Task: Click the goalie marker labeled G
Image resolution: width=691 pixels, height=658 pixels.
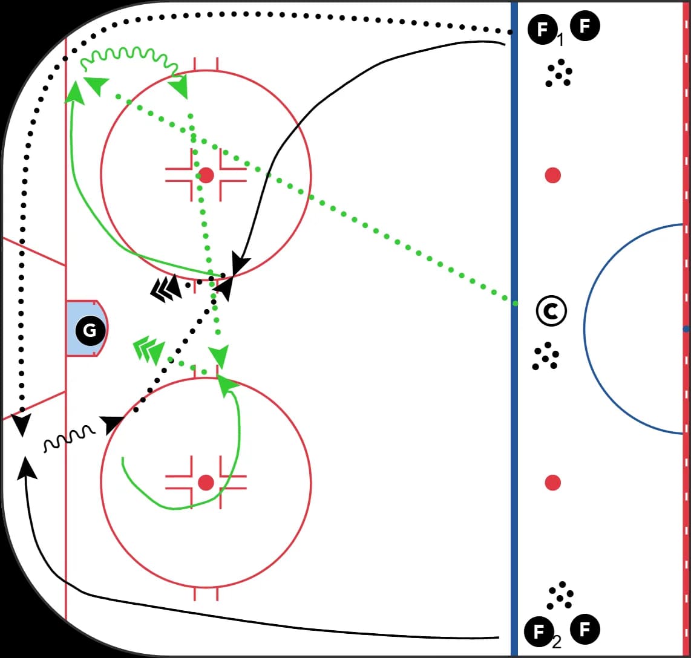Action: (90, 330)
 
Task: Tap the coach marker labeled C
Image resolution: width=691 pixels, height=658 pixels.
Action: (551, 311)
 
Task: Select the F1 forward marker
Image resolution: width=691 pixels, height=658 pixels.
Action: (542, 29)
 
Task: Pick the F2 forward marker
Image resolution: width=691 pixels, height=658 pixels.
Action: (539, 631)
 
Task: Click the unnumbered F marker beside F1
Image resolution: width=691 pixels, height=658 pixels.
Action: (585, 26)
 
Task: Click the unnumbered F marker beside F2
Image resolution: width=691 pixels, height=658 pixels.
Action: (585, 629)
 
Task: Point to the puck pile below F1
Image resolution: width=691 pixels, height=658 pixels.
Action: (559, 73)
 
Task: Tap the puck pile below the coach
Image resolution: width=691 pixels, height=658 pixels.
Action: (546, 356)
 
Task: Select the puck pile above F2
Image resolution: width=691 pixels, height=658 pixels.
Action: (560, 596)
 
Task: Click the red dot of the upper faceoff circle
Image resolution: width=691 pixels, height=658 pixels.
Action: (206, 175)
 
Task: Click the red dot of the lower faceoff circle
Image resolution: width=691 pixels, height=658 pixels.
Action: (206, 483)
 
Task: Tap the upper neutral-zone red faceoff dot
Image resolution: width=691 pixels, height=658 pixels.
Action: (552, 175)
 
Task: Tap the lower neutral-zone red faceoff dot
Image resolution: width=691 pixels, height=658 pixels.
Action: (552, 483)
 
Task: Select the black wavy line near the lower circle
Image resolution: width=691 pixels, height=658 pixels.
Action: (69, 438)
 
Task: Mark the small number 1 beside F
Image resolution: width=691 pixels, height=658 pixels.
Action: (560, 41)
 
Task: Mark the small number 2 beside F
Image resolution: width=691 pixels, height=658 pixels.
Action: (557, 643)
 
